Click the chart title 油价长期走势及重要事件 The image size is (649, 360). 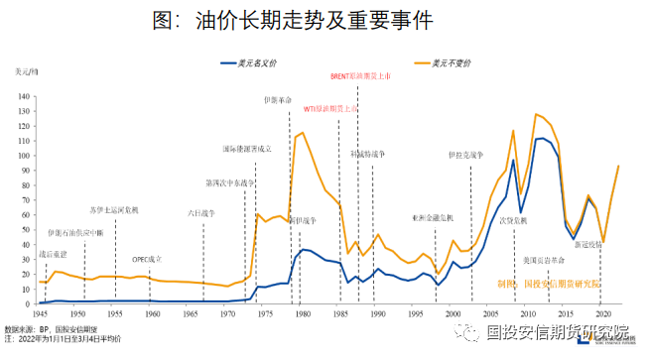(324, 21)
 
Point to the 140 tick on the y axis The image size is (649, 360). (26, 96)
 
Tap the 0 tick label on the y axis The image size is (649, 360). (31, 303)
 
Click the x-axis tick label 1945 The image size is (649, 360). (40, 312)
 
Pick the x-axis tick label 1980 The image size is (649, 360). (301, 312)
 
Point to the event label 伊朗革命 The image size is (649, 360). (278, 101)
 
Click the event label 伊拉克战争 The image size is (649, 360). (464, 156)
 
